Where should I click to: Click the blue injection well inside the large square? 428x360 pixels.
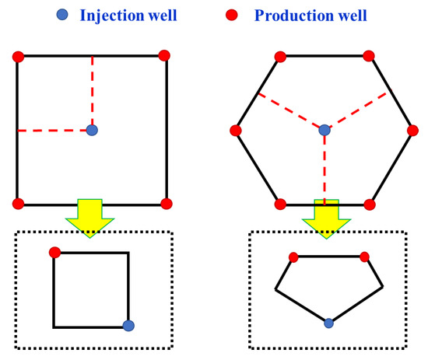pos(92,130)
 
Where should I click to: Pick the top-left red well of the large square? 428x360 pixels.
pos(18,56)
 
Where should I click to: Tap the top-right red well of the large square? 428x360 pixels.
pos(164,55)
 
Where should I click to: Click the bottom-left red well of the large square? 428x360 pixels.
pos(18,204)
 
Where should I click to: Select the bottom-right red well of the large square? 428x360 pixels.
pos(165,204)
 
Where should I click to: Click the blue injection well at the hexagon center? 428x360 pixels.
pos(325,130)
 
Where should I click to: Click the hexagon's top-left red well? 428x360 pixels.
pos(280,55)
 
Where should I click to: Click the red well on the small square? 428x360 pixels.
pos(54,252)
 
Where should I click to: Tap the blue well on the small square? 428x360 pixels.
pos(129,326)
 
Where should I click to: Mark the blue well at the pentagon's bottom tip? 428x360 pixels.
pos(328,322)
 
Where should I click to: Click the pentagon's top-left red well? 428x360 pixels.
pos(293,257)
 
